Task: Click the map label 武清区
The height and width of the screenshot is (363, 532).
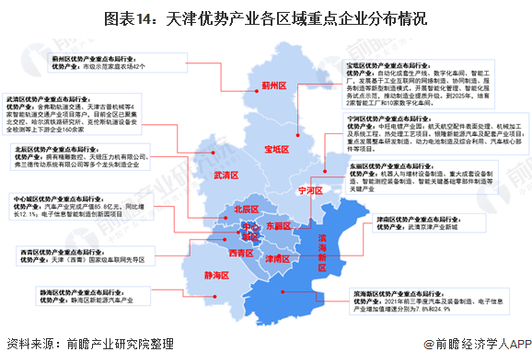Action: [225, 175]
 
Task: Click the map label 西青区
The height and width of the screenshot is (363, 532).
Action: [243, 253]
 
